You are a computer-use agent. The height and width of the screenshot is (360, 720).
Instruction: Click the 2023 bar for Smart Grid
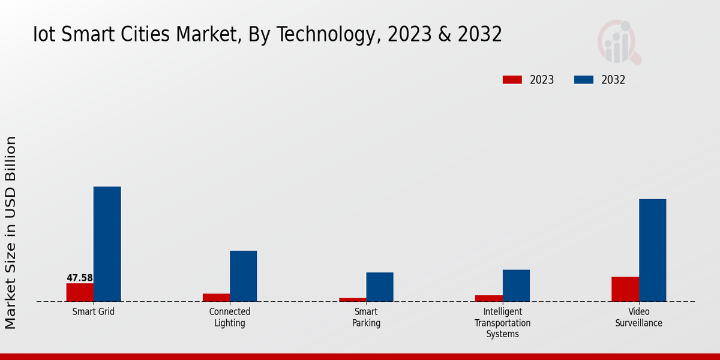[80, 292]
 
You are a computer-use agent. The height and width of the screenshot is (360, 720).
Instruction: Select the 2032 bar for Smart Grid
[107, 244]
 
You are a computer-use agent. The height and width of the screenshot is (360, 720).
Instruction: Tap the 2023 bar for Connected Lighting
[216, 298]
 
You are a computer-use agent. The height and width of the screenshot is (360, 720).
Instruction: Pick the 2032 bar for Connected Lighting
[243, 276]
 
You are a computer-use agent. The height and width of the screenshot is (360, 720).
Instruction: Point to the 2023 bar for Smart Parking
[353, 299]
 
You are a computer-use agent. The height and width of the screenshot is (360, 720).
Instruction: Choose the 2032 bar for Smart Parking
[380, 287]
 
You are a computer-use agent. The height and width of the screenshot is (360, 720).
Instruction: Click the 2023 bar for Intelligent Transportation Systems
[489, 298]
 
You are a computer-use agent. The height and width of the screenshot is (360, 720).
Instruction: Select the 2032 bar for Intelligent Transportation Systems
[516, 286]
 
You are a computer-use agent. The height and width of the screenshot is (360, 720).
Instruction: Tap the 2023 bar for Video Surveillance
[625, 289]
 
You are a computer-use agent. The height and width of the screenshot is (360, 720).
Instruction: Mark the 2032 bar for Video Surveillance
[652, 250]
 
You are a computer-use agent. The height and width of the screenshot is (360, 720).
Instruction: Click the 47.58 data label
[80, 278]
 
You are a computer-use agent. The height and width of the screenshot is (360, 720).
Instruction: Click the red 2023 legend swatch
[512, 80]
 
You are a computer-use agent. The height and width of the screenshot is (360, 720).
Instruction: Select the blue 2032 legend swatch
[584, 80]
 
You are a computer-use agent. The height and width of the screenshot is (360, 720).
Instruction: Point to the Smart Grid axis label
[94, 312]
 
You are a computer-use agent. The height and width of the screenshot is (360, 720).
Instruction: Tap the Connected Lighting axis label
[230, 317]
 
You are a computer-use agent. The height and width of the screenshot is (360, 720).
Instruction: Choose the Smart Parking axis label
[366, 317]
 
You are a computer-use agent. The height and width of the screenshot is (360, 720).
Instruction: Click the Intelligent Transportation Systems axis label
[503, 323]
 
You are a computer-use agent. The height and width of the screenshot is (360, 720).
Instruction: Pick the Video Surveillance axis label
[639, 317]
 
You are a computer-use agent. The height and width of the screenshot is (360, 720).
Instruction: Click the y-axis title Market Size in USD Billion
[11, 233]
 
